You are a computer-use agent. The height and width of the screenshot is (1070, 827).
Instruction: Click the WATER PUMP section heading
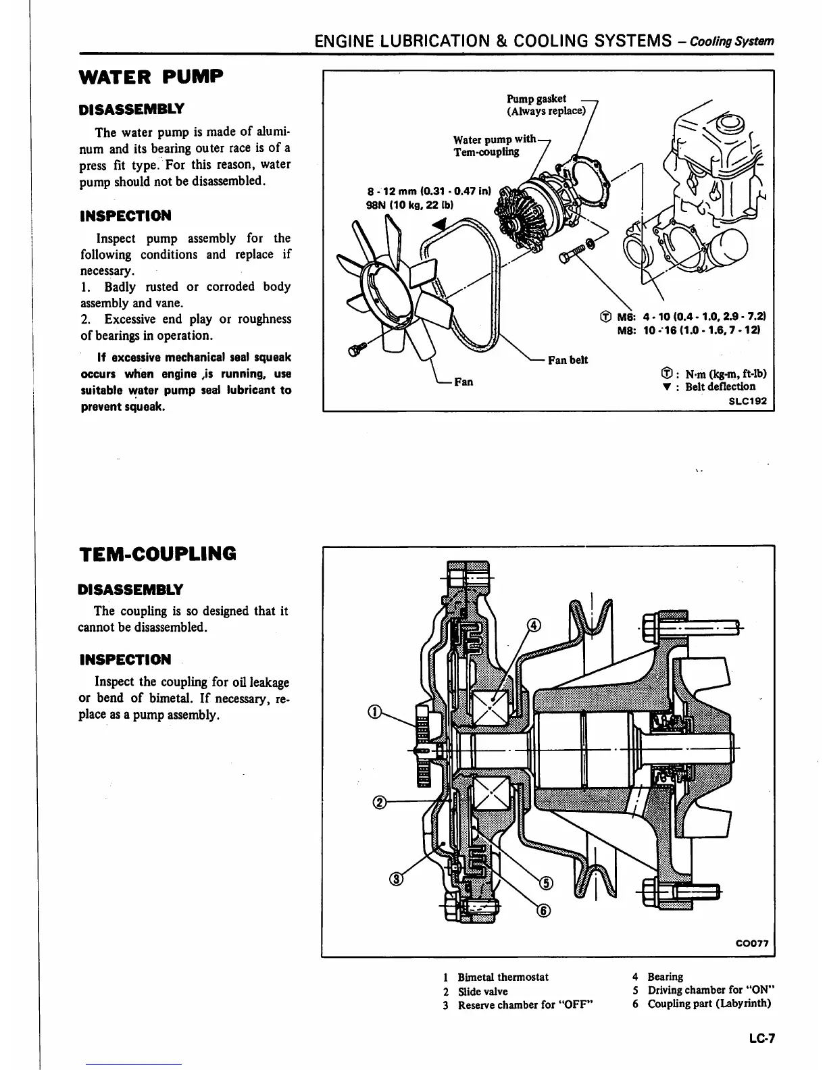[x=151, y=77]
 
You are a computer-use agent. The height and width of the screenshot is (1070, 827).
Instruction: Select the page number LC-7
[x=761, y=1040]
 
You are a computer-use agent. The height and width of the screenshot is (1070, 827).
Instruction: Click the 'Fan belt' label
[x=568, y=360]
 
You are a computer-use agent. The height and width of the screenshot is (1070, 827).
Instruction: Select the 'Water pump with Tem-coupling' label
[x=494, y=145]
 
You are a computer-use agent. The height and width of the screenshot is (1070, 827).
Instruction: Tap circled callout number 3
[x=397, y=878]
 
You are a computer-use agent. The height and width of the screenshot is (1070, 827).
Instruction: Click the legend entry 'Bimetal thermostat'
[x=503, y=977]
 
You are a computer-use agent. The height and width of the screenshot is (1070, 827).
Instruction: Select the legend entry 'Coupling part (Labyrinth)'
[x=709, y=1003]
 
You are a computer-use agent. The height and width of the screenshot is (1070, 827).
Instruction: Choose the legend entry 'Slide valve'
[x=482, y=991]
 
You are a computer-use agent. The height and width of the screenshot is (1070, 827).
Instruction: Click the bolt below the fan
[x=355, y=349]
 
